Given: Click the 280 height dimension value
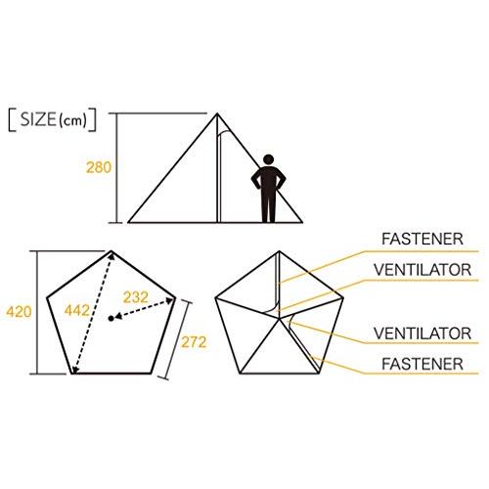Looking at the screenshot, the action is pos(99,167).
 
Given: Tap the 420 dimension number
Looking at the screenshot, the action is pos(19,312).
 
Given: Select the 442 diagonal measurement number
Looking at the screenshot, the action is pos(76,310).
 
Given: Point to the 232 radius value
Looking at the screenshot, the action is pos(136,297).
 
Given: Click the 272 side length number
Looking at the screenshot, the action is pos(194,342).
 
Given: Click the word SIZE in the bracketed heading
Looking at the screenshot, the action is pos(38,119).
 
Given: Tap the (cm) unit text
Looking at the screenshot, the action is pos(72,121).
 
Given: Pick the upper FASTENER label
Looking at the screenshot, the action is pos(422,239).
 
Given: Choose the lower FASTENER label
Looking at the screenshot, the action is pos(422,364).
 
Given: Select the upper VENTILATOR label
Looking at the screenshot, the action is pos(422,270).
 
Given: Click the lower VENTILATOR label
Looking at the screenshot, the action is pos(422,333).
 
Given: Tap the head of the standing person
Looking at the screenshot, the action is pos(268,159).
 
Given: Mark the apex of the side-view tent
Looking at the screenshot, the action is pos(217,113).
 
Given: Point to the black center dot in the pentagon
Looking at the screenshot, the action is pos(111,319).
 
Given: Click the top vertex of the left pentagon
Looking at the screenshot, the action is pos(111,250).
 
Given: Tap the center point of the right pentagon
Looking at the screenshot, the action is pos(280,319).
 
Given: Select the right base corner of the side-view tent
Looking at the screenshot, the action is pos(302,222).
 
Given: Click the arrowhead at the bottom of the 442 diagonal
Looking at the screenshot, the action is pos(74,370).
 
